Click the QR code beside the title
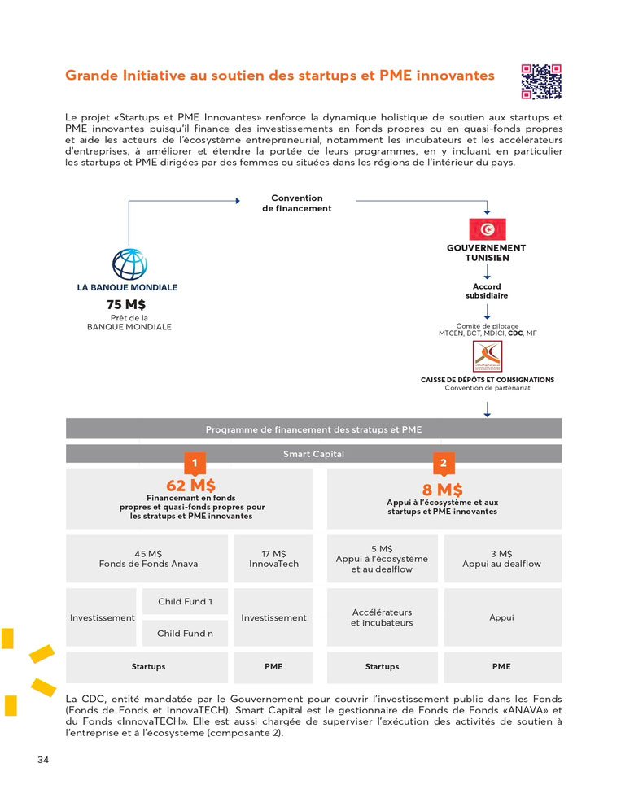[x=542, y=82]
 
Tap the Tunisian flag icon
[x=488, y=229]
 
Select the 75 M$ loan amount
[x=126, y=304]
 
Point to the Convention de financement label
[x=297, y=203]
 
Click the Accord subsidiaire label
[x=487, y=291]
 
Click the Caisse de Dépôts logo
[x=487, y=356]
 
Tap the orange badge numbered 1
[x=195, y=463]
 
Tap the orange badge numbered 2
[x=443, y=463]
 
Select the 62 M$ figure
[x=191, y=486]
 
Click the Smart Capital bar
[x=313, y=454]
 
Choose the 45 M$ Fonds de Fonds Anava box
[x=148, y=559]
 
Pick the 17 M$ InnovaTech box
[x=273, y=559]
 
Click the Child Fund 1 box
[x=185, y=602]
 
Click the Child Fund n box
[x=185, y=633]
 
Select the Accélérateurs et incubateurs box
[x=382, y=617]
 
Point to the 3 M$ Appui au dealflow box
[x=501, y=559]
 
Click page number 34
[x=44, y=760]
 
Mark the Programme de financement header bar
[x=313, y=429]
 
